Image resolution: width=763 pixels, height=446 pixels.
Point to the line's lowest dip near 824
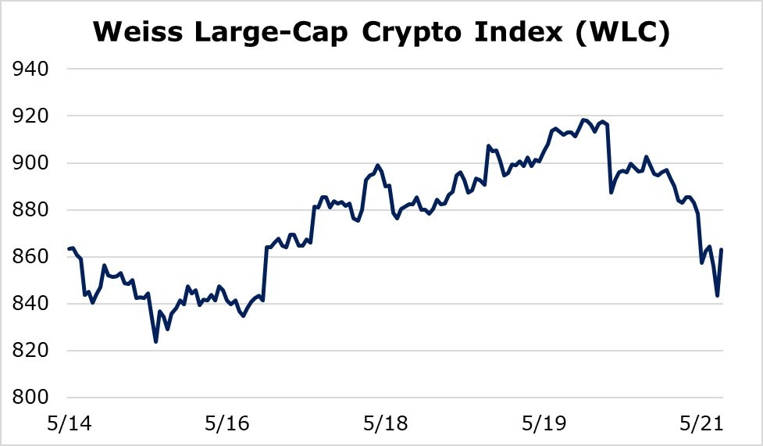coord(156,341)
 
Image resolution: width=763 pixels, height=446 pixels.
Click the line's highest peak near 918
coord(583,120)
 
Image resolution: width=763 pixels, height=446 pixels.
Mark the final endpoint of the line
coord(721,250)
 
